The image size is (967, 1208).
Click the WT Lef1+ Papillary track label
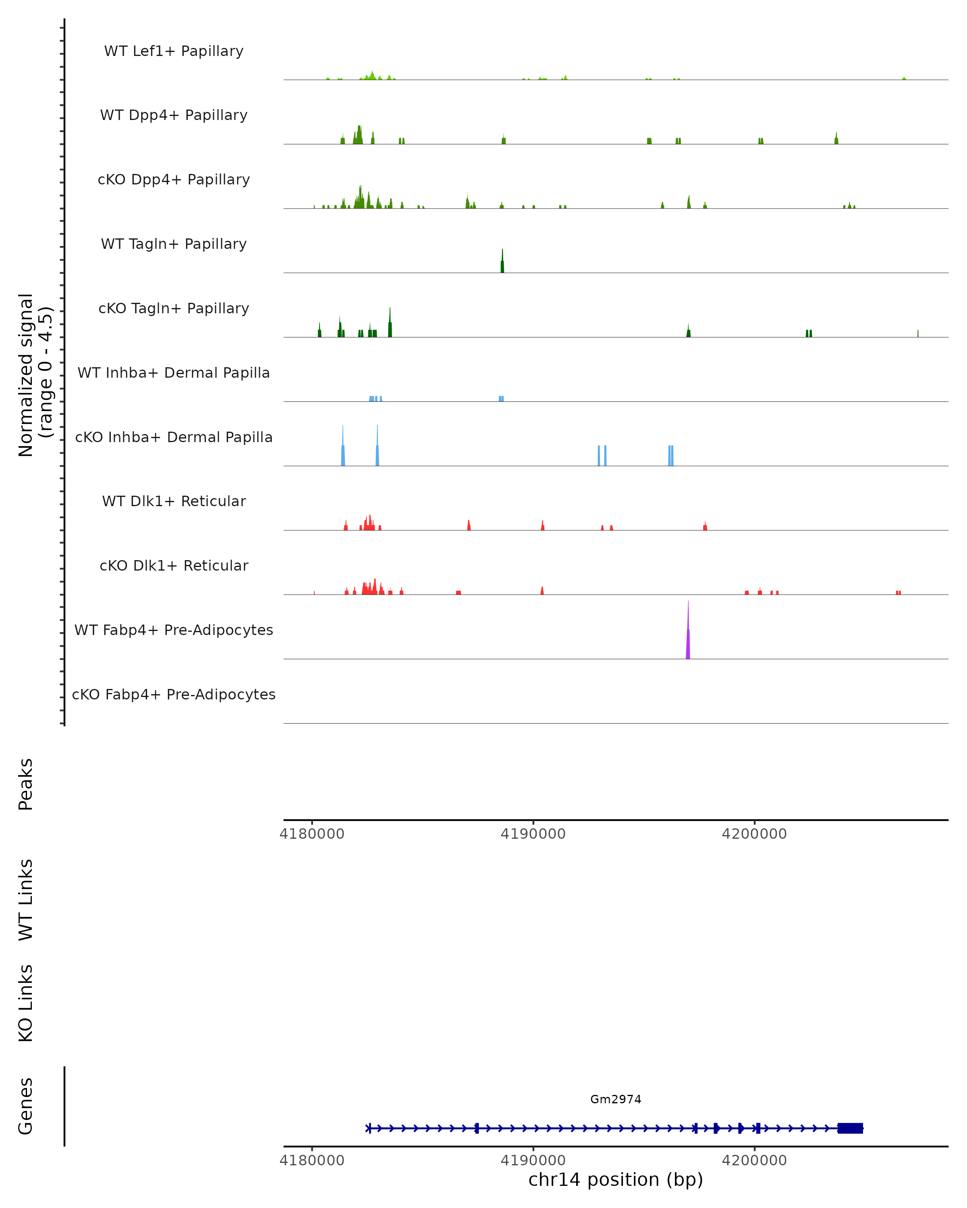pos(174,51)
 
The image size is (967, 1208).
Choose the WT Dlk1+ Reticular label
pos(174,501)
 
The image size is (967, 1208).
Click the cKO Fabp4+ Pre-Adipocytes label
pos(174,694)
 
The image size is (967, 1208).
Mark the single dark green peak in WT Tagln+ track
pos(502,264)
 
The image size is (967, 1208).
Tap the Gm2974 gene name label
pos(616,1099)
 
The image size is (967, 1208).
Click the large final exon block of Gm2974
pos(850,1128)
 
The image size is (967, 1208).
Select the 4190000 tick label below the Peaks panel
pos(533,834)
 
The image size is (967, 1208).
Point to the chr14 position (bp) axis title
pos(616,1180)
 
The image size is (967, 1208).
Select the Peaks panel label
pos(26,784)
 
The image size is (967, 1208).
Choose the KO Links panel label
pos(26,1003)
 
